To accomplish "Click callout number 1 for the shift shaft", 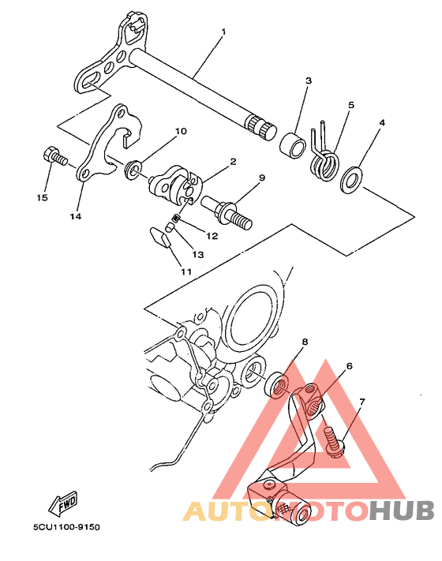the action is point(223,32).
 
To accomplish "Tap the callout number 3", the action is point(309,80).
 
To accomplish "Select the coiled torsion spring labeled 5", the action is point(324,155).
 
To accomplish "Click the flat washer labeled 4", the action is point(351,179).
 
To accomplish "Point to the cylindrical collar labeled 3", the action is point(292,145).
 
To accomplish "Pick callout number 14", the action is point(76,216).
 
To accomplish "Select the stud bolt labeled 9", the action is point(227,212).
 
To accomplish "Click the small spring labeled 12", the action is point(176,218).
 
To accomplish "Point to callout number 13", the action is point(197,254).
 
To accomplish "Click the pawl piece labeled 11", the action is point(159,237).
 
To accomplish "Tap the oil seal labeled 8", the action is point(275,384).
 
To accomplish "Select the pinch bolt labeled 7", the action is point(334,439).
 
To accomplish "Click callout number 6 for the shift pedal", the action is point(350,366).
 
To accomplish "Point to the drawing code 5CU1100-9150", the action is point(66,527).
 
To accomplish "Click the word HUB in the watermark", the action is point(402,511).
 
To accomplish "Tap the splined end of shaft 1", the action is point(260,127).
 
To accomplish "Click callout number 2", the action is point(233,162).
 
